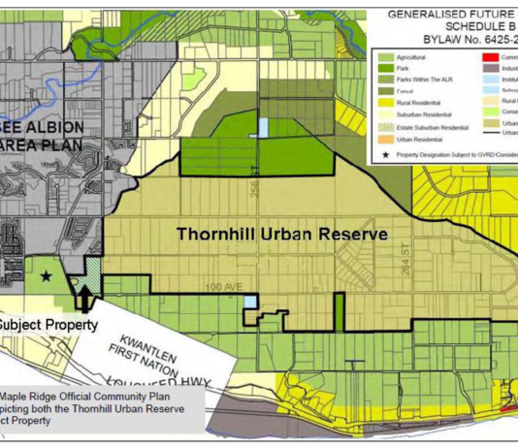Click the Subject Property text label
pos(47,325)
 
